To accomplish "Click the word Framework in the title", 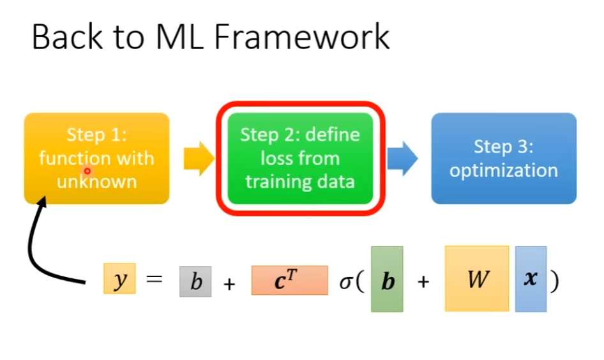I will [x=301, y=36].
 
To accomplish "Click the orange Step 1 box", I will [x=96, y=158].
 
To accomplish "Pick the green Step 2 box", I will [x=299, y=158].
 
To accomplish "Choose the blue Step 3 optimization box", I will [x=503, y=158].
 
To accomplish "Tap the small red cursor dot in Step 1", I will [x=87, y=172].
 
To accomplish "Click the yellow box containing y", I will [x=119, y=280].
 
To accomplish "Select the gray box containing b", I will [x=195, y=281].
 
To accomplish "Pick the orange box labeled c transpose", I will [x=289, y=280].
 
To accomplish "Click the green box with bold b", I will [x=387, y=279].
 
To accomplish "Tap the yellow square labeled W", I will [x=477, y=278].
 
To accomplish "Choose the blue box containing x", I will [x=531, y=279].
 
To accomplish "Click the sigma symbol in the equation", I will [x=345, y=281].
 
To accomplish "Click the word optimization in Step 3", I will [x=503, y=170].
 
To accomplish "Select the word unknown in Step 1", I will [x=96, y=182].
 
